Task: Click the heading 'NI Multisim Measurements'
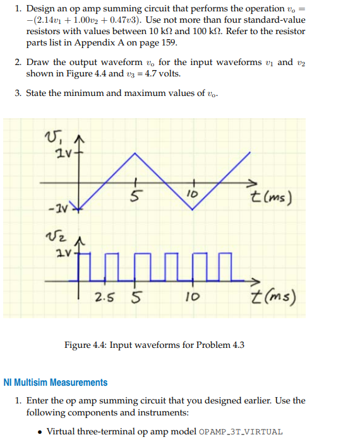56,382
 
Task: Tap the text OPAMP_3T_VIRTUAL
241,432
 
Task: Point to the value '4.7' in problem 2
156,73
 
